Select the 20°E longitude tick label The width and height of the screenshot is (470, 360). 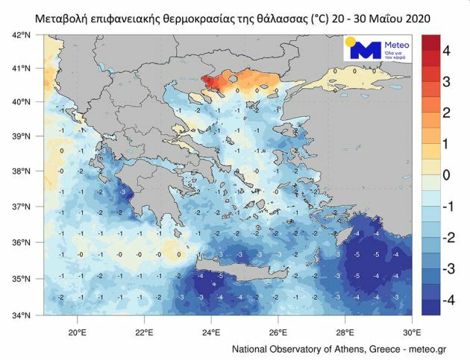77,331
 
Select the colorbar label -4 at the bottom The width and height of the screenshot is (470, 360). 446,297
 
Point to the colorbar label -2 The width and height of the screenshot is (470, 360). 446,236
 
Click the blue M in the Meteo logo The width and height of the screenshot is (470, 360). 366,51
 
